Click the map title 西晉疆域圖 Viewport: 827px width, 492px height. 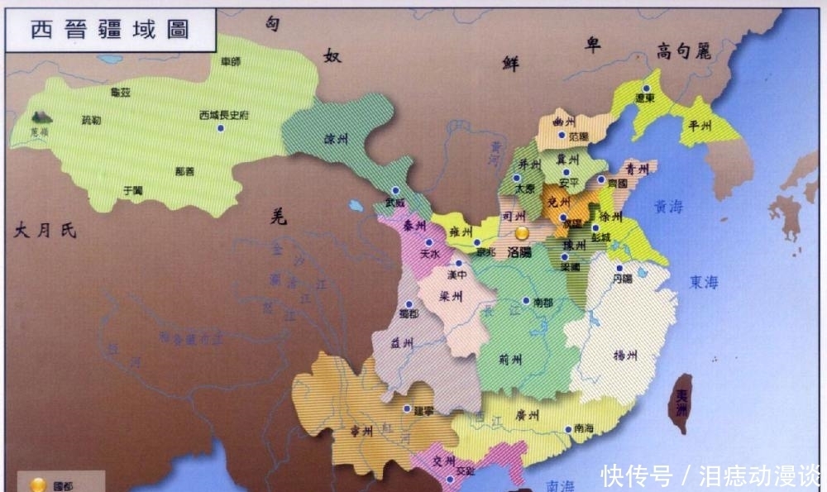click(110, 30)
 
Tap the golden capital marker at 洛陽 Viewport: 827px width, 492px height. click(522, 235)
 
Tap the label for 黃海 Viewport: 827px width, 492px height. click(669, 208)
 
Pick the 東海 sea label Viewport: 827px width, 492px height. click(704, 283)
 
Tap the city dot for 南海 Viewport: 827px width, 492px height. click(567, 428)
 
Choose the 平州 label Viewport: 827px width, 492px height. click(701, 127)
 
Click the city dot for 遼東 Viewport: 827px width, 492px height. click(648, 88)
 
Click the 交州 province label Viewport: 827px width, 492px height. click(444, 461)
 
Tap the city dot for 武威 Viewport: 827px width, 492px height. click(395, 190)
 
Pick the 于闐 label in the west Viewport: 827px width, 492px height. click(132, 189)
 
